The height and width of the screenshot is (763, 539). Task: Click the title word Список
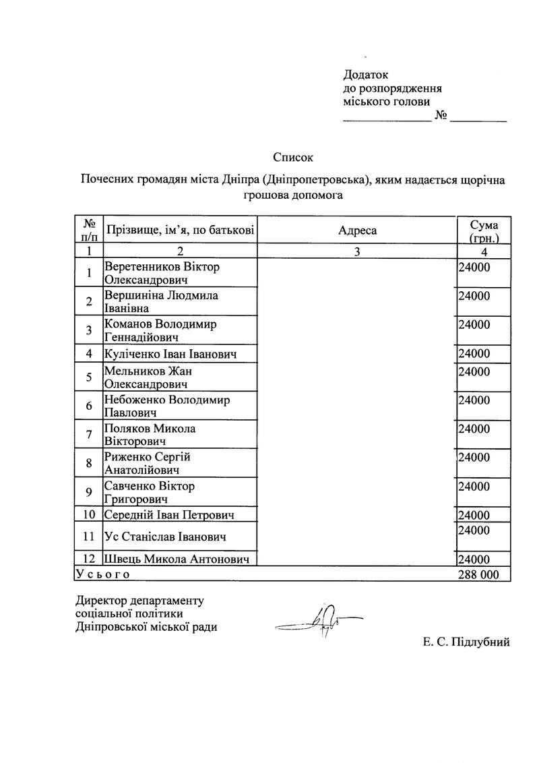pyautogui.click(x=294, y=158)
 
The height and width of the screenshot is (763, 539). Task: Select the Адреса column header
pyautogui.click(x=358, y=231)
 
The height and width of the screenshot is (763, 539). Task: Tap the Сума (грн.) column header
pyautogui.click(x=484, y=231)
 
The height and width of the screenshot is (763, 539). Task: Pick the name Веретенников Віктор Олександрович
pyautogui.click(x=162, y=273)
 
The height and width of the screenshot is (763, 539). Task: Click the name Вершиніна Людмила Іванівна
pyautogui.click(x=162, y=302)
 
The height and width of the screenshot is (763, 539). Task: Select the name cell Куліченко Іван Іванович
pyautogui.click(x=170, y=354)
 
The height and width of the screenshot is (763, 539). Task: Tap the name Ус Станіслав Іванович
pyautogui.click(x=165, y=537)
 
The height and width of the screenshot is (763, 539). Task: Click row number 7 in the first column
pyautogui.click(x=88, y=435)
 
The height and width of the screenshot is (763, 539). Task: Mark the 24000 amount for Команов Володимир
pyautogui.click(x=474, y=325)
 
